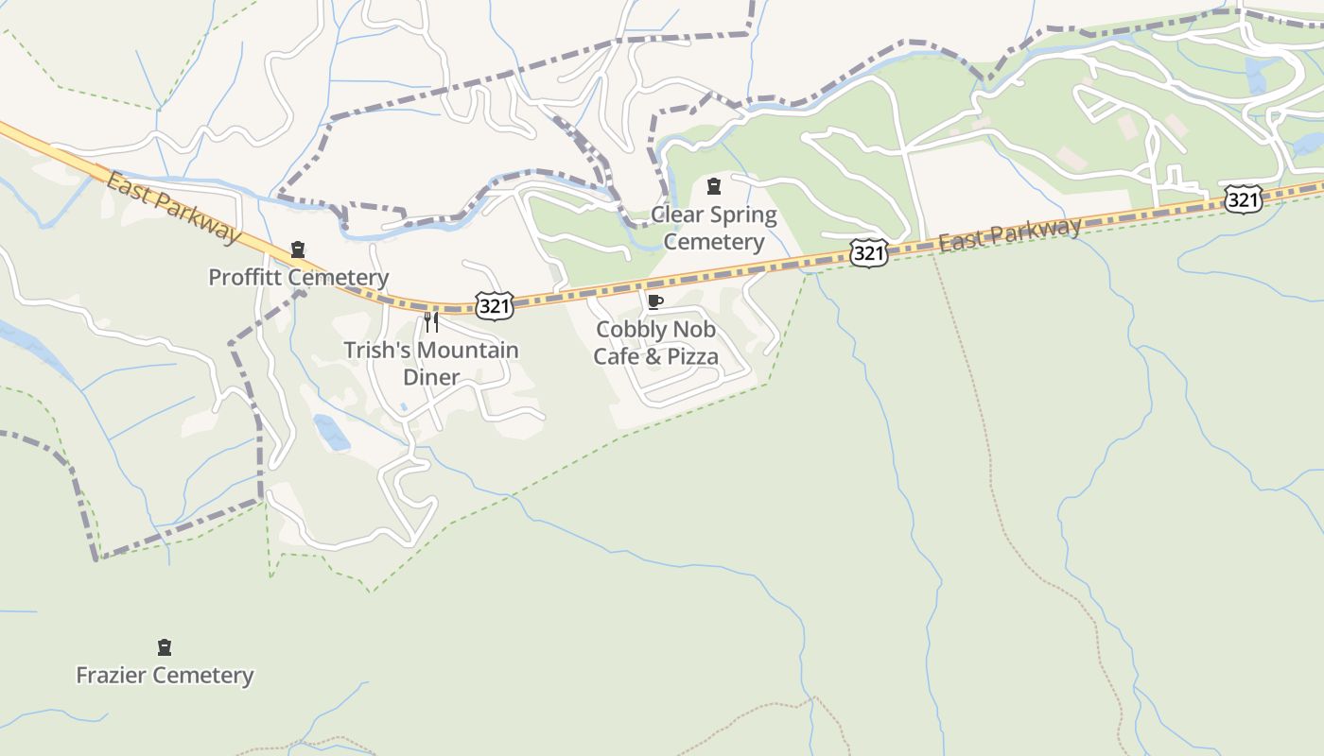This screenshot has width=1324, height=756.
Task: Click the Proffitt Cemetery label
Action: point(298,277)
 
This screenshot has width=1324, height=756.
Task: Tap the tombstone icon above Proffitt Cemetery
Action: point(298,249)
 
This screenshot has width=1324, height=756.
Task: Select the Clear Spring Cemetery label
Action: point(714,228)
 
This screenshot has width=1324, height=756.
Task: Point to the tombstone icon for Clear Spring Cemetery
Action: point(714,185)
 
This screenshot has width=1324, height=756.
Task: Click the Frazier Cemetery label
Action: point(165,675)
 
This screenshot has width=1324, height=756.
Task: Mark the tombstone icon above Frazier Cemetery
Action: point(165,647)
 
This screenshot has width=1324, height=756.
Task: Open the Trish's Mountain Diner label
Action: point(431,363)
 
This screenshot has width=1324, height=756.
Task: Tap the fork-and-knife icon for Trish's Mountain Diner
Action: point(431,322)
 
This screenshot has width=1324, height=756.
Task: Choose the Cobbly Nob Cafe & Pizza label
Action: point(655,342)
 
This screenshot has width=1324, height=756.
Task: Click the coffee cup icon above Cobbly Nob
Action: point(654,301)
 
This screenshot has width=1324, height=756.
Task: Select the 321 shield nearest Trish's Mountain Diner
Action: point(495,304)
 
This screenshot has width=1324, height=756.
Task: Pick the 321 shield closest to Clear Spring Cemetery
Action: point(868,252)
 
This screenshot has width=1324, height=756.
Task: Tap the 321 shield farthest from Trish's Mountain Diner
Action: point(1242,198)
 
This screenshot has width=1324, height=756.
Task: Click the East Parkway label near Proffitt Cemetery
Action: point(174,206)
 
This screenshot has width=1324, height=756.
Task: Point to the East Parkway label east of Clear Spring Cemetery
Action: point(1010,233)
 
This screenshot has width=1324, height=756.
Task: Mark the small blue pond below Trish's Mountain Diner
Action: point(332,432)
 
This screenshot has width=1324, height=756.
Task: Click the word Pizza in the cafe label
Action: point(692,356)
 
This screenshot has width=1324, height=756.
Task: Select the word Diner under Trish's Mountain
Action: point(431,377)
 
